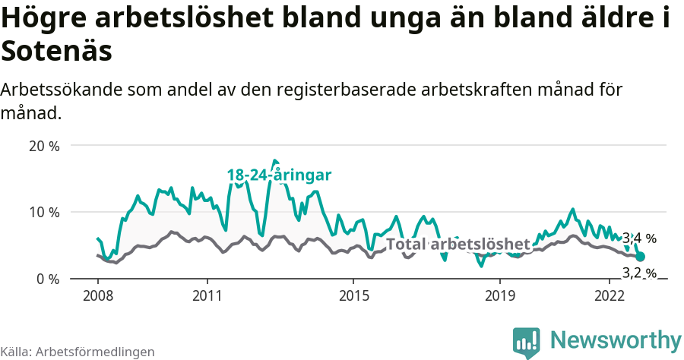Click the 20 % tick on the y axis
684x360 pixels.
43,145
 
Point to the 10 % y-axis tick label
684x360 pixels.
43,212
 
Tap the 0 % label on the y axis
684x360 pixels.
47,279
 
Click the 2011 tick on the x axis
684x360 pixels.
207,295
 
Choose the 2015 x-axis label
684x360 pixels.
353,295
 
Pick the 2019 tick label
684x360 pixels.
499,295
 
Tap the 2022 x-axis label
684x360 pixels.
610,295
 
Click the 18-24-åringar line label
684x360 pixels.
279,175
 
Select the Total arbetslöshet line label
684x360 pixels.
458,244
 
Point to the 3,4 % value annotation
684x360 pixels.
639,238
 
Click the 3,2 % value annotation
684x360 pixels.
639,272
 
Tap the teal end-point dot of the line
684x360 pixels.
640,257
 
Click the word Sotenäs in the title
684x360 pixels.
57,52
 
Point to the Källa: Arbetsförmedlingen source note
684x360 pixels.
78,352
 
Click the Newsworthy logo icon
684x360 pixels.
527,342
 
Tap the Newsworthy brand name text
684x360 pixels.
616,339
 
